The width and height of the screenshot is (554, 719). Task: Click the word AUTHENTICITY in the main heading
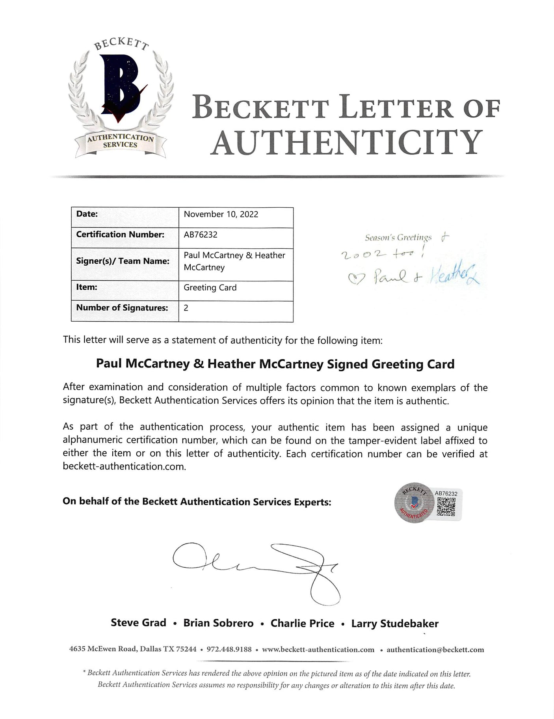coord(346,143)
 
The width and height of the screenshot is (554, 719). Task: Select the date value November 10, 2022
coord(221,214)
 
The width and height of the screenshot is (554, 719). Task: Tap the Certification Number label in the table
coord(120,235)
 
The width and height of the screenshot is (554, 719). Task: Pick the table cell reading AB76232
coord(201,235)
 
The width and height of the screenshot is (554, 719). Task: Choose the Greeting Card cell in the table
coord(210,288)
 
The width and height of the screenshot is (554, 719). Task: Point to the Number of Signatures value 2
coord(186,308)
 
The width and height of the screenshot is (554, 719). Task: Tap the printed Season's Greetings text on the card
coord(398,238)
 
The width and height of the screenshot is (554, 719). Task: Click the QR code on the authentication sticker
coord(446,507)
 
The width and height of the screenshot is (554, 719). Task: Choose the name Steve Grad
coord(138,623)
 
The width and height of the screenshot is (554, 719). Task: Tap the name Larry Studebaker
coord(395,624)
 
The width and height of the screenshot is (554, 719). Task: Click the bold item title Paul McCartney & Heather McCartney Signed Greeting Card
coord(275,364)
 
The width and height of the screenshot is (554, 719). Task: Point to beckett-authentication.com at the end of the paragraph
coord(124,467)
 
